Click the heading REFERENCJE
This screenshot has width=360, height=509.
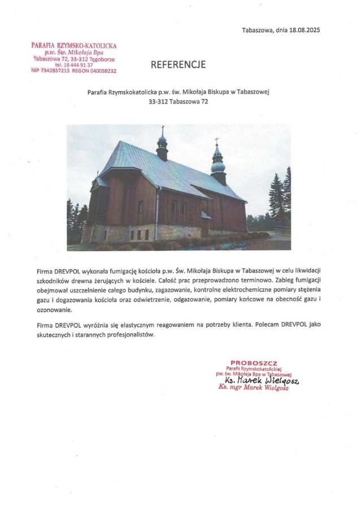(x=178, y=65)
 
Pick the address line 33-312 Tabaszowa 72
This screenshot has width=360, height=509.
(x=179, y=102)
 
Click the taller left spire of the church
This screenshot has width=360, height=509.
(x=162, y=144)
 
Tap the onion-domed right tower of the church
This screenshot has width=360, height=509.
(x=218, y=164)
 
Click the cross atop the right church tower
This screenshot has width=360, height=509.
(x=216, y=140)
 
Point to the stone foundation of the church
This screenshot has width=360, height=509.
(x=147, y=232)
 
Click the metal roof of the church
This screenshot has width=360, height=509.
(x=164, y=170)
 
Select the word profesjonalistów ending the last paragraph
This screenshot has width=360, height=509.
(x=128, y=334)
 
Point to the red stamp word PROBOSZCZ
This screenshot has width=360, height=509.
(x=254, y=363)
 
